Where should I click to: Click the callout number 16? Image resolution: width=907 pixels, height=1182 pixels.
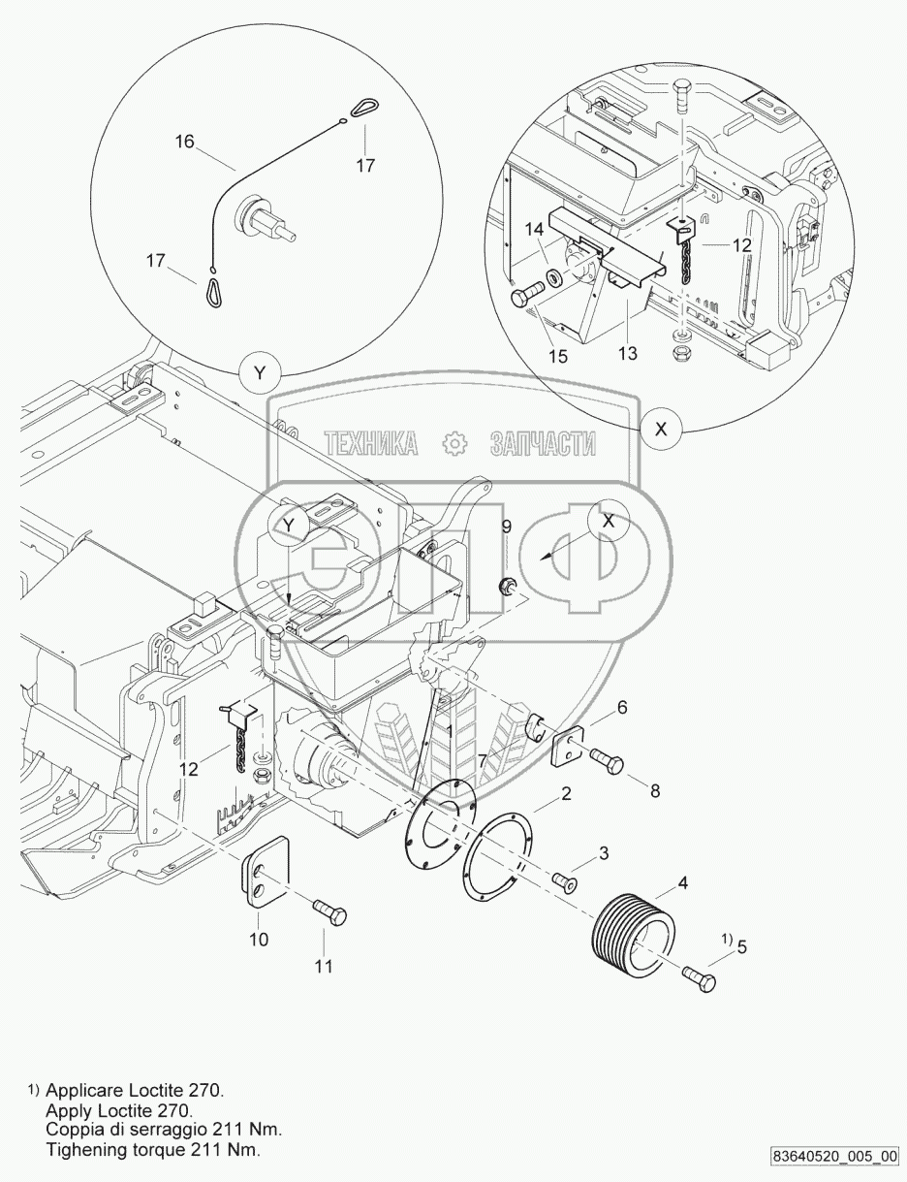pyautogui.click(x=184, y=142)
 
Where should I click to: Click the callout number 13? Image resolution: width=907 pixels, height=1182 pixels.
pyautogui.click(x=628, y=354)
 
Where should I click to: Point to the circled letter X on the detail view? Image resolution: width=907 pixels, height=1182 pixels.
pyautogui.click(x=662, y=431)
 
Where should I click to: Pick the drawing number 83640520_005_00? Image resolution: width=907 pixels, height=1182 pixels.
pyautogui.click(x=834, y=1157)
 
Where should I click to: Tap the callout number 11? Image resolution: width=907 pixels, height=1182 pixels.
pyautogui.click(x=323, y=967)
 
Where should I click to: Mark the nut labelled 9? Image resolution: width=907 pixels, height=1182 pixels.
pyautogui.click(x=506, y=585)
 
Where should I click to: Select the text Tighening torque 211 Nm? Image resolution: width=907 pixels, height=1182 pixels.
pyautogui.click(x=152, y=1150)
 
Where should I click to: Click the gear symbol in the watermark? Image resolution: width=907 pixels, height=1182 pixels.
pyautogui.click(x=453, y=445)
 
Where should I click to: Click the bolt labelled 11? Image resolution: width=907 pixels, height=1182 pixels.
pyautogui.click(x=328, y=912)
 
